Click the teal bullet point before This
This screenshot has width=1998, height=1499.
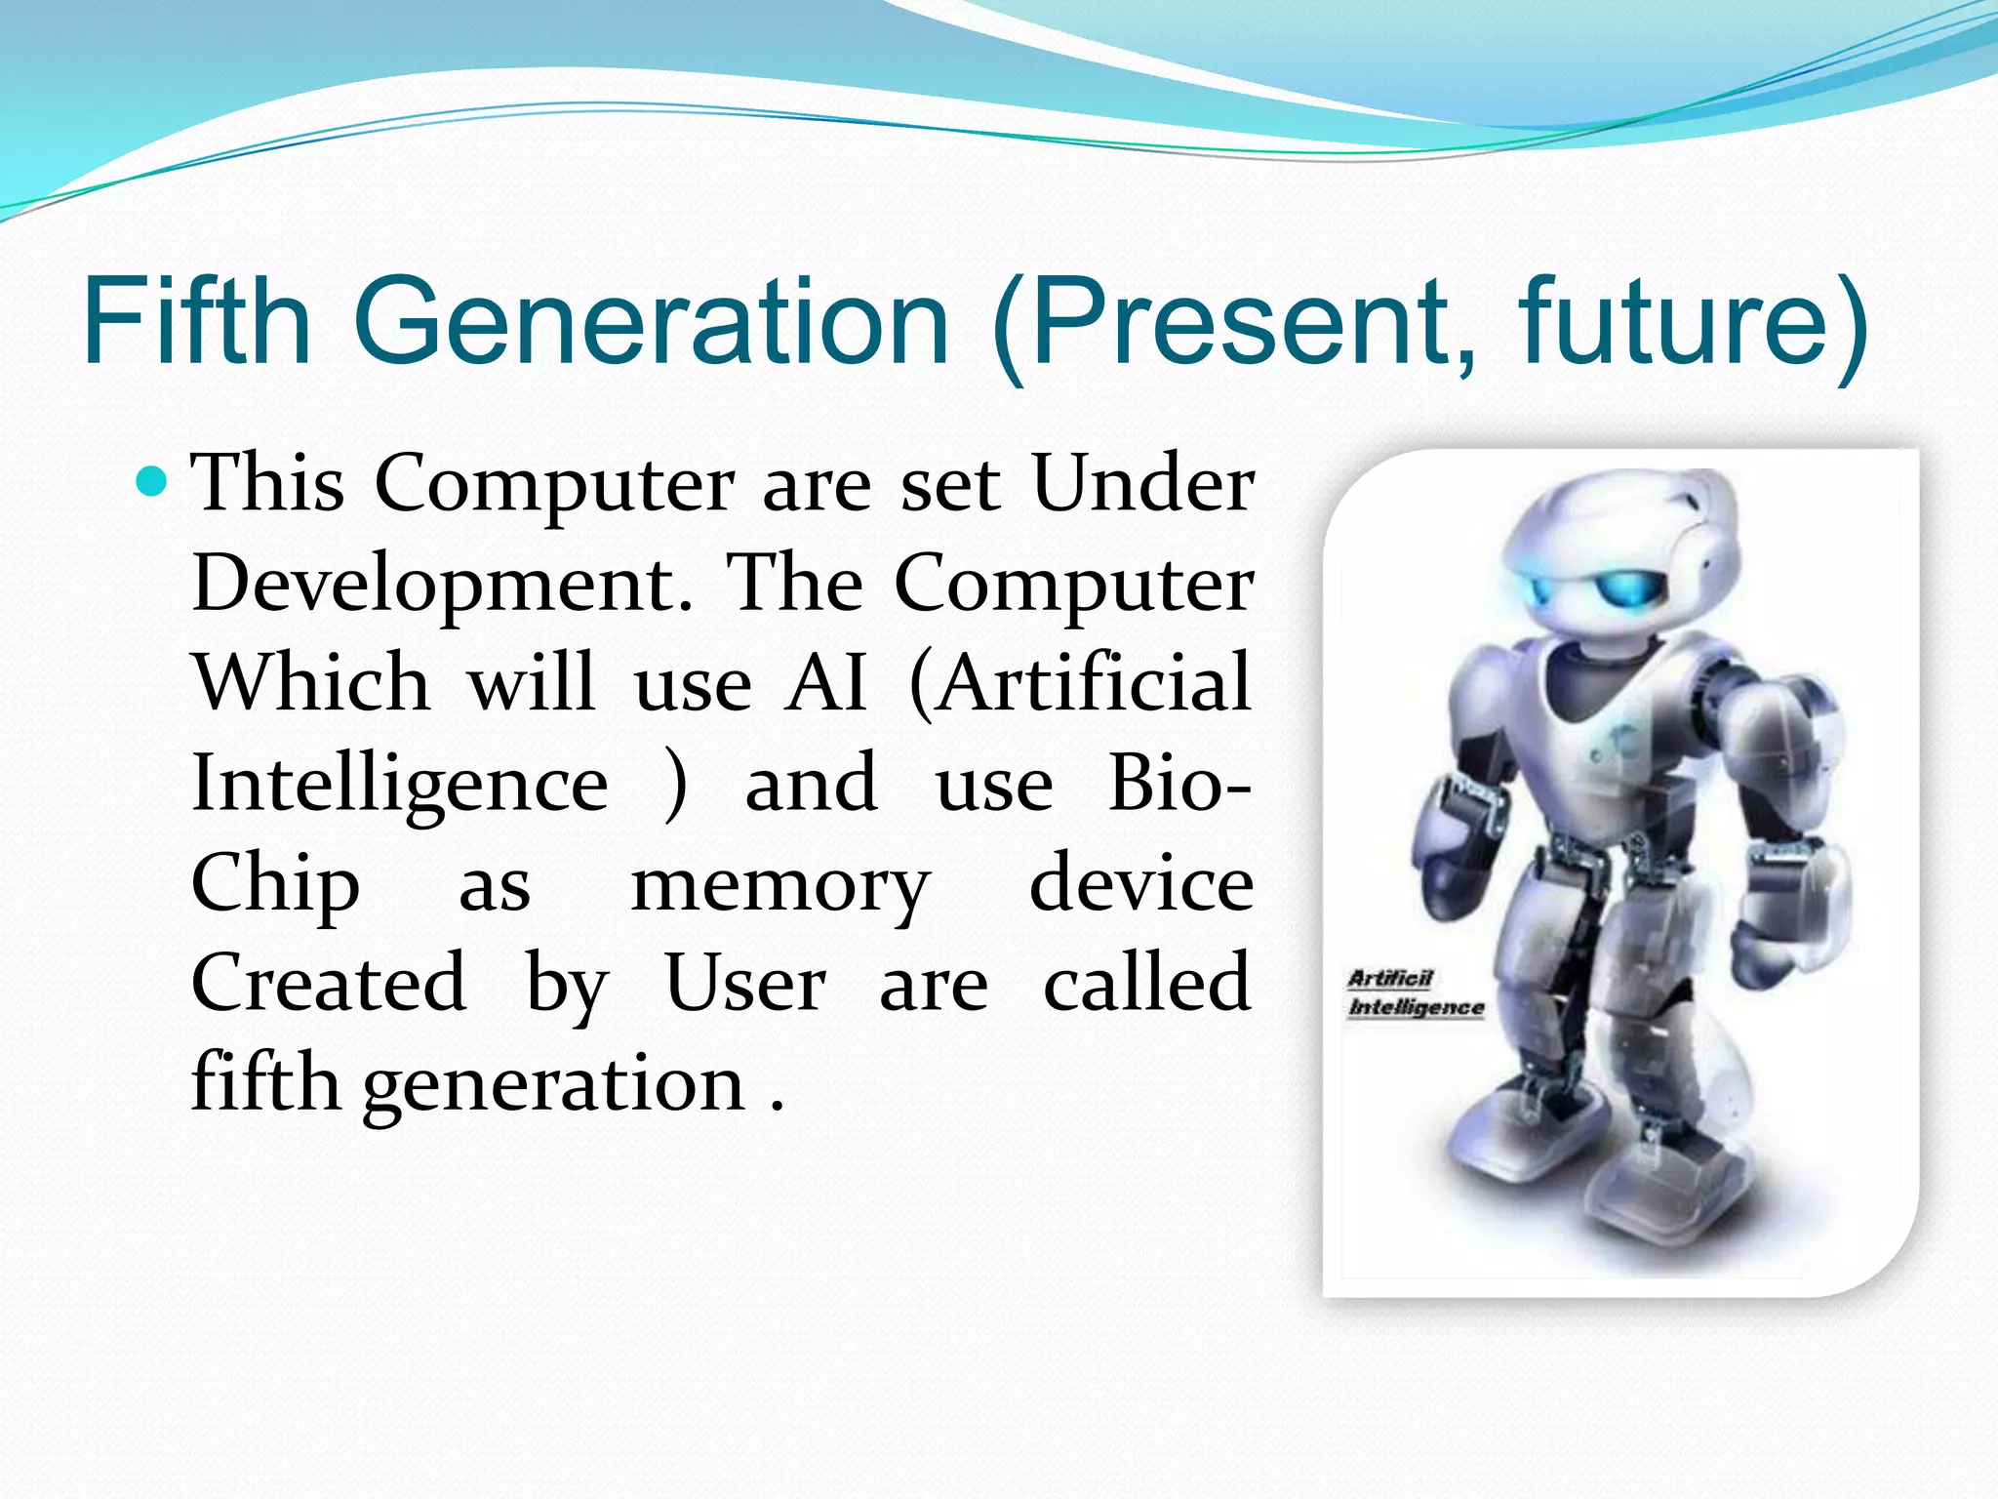coord(153,482)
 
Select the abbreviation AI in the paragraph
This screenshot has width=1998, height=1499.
coord(826,683)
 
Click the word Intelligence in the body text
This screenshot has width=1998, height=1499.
coord(401,784)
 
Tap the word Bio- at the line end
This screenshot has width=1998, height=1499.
coord(1179,784)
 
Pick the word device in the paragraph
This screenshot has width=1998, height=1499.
coord(1140,883)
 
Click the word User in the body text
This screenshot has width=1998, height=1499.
coord(745,984)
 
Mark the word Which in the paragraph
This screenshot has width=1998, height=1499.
coord(311,683)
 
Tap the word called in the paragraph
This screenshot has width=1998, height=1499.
coord(1146,984)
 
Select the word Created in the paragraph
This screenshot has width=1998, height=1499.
coord(329,984)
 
